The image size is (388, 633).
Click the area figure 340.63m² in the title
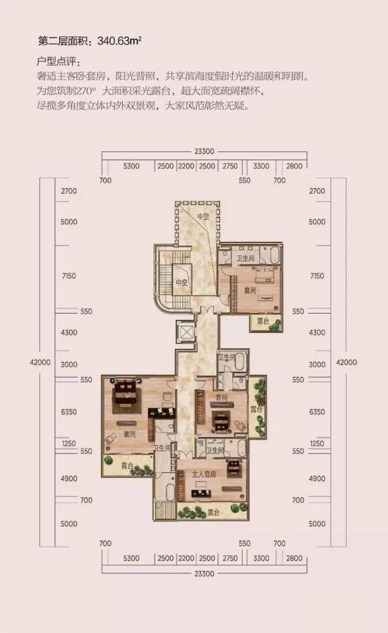coord(119,41)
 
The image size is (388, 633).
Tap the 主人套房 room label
coord(204,474)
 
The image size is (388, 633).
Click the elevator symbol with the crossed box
coord(186,332)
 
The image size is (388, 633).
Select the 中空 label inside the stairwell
coord(182,282)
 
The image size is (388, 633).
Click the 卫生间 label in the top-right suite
coord(246,258)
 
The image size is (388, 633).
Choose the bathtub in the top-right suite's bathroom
coord(275,255)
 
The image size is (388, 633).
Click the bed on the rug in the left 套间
coord(126,393)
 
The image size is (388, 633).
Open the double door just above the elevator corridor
coord(207,310)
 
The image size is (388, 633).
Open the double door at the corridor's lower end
coord(186,454)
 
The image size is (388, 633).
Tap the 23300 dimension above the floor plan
coord(204,151)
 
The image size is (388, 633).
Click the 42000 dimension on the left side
coord(40,362)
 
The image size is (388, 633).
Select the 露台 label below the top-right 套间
coord(263,321)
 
